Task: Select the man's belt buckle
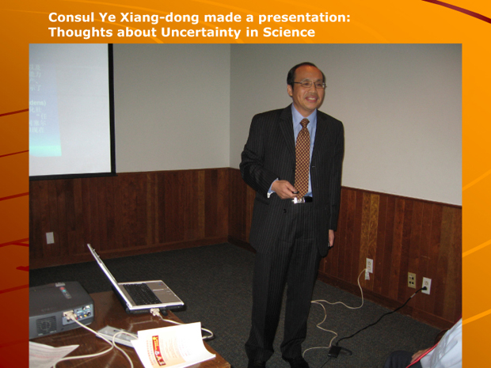click(299, 199)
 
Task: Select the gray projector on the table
click(60, 309)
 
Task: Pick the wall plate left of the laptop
click(49, 237)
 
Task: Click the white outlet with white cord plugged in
click(369, 266)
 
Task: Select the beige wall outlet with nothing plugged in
click(411, 279)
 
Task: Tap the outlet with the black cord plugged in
click(426, 285)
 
